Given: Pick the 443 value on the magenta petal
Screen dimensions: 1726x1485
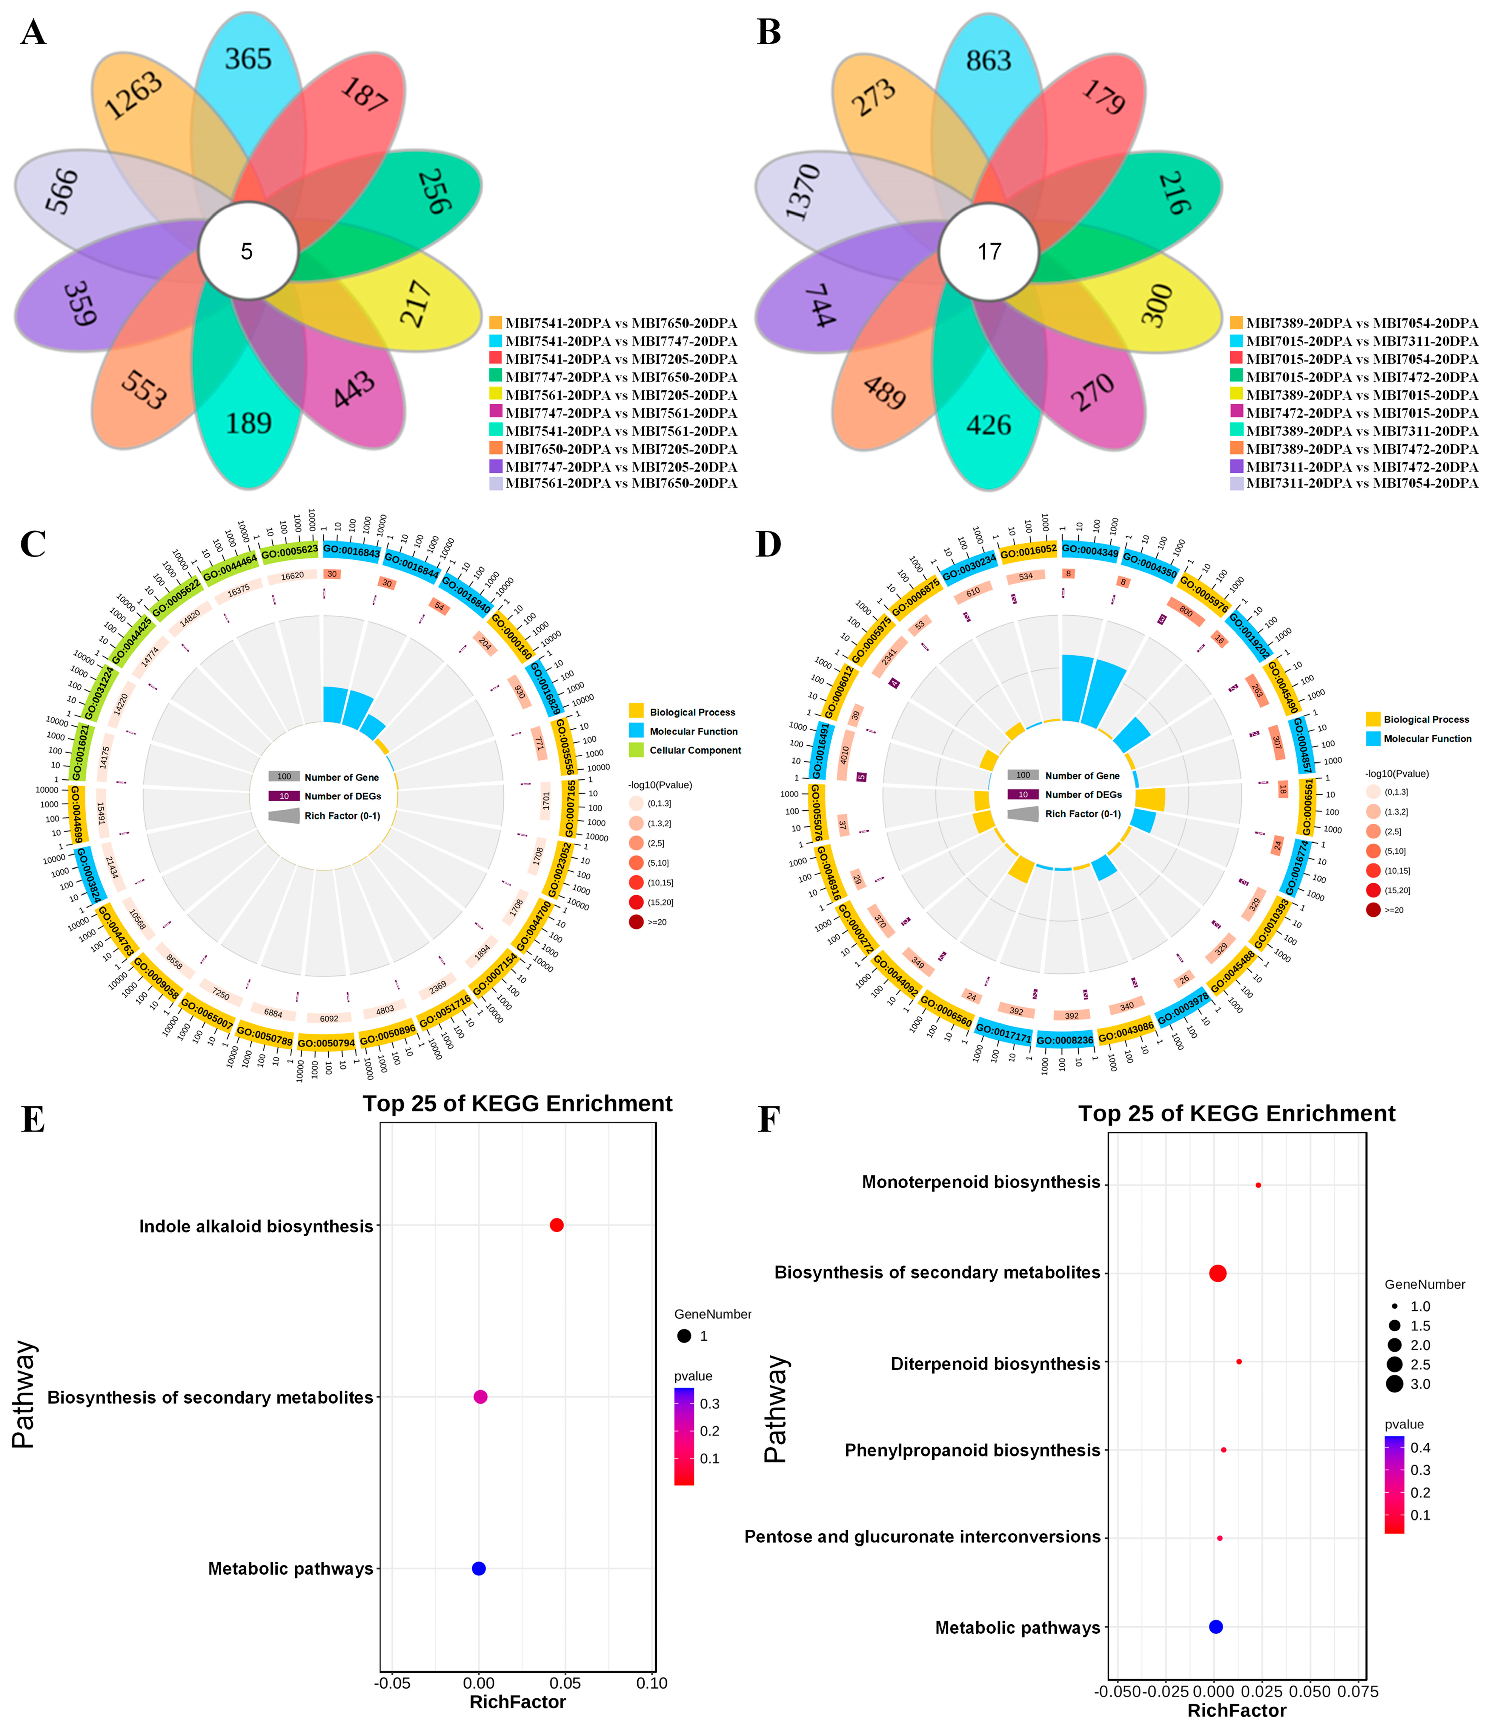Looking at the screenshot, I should tap(354, 389).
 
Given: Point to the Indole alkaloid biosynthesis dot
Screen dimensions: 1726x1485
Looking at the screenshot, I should tap(557, 1225).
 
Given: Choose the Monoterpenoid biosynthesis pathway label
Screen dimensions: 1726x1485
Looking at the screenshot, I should tap(981, 1182).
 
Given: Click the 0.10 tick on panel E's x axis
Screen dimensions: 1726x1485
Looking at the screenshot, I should tap(652, 1683).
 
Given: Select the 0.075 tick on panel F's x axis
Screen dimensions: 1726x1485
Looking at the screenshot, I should tap(1358, 1691).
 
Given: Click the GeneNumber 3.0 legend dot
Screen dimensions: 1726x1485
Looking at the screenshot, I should tap(1395, 1384).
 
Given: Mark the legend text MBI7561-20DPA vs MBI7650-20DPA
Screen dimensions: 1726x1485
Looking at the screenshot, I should tap(621, 483).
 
